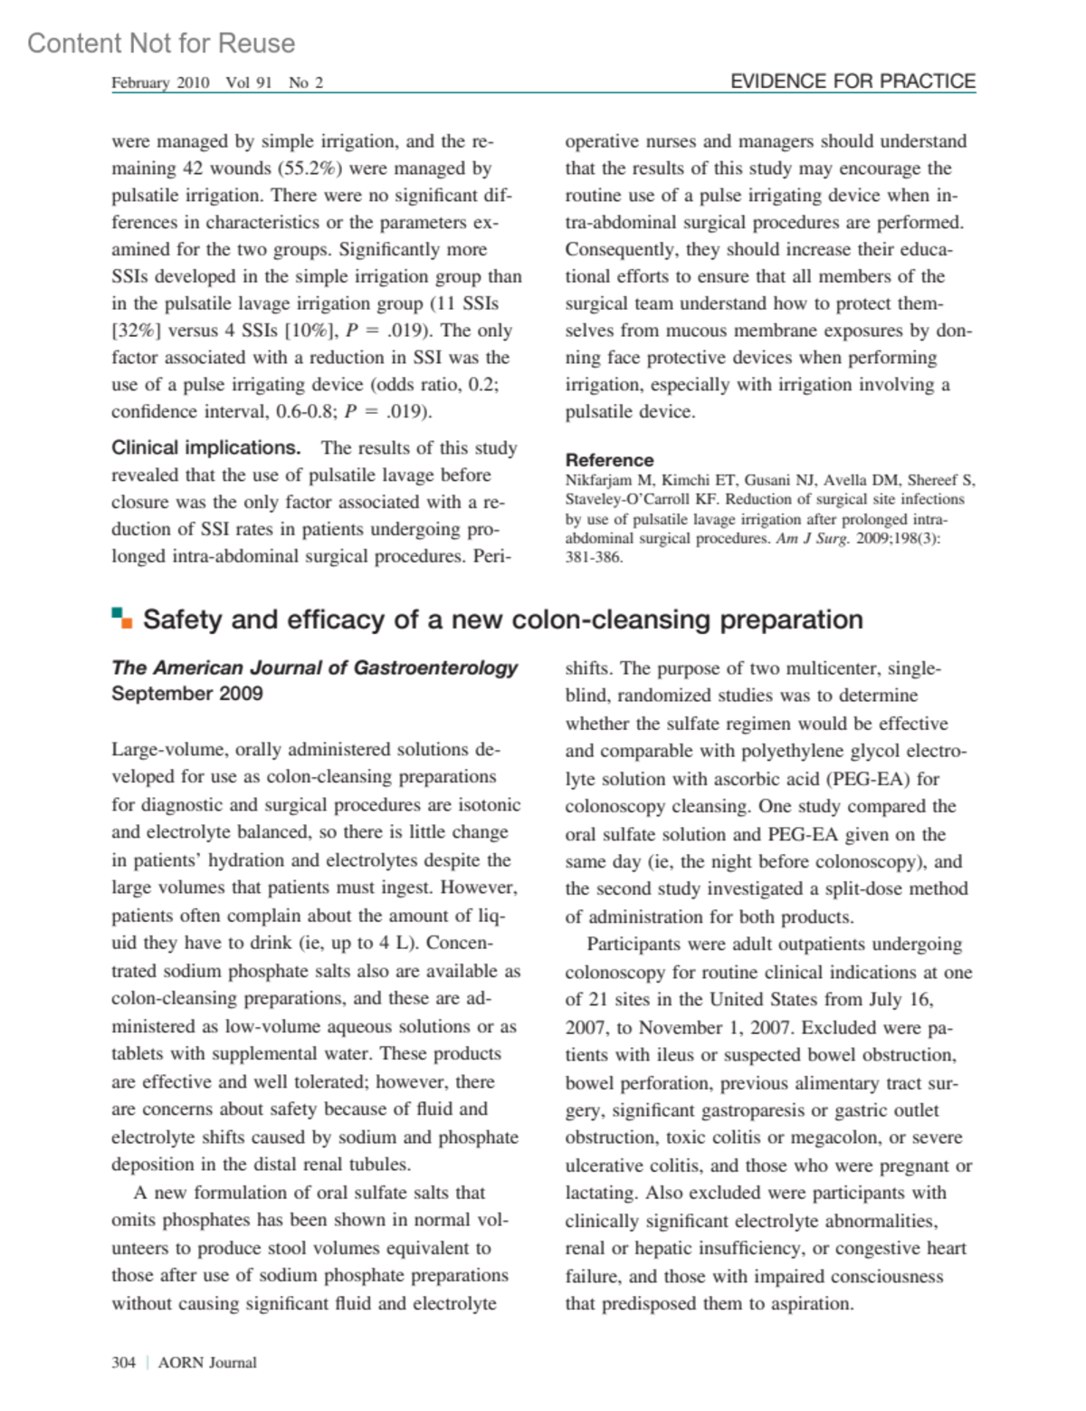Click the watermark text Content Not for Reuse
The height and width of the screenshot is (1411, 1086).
click(x=161, y=43)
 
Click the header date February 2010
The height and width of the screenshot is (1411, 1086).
click(x=160, y=82)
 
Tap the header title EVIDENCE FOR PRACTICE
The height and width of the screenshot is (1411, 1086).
click(x=853, y=82)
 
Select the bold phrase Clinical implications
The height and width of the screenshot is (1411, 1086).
click(x=205, y=448)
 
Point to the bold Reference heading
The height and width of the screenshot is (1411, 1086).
click(x=609, y=460)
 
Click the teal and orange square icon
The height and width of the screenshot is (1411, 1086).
click(x=121, y=619)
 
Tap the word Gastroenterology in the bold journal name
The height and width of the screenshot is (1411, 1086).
click(x=435, y=668)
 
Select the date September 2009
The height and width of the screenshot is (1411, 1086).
click(x=187, y=694)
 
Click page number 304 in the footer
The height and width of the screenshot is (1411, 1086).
click(x=123, y=1362)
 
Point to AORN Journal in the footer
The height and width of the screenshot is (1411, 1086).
click(x=207, y=1362)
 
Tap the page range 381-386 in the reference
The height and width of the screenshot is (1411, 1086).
click(x=594, y=557)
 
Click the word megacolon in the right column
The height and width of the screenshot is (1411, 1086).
click(x=832, y=1137)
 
